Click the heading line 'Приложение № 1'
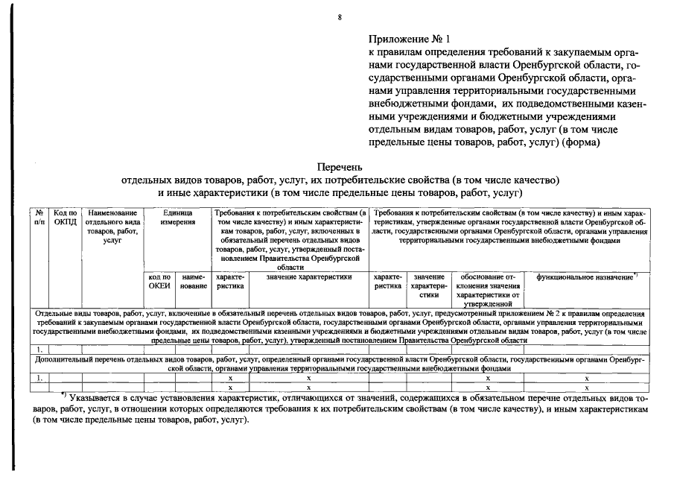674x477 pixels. (x=409, y=38)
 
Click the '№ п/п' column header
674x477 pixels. (x=39, y=218)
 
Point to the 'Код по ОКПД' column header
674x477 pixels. (x=64, y=218)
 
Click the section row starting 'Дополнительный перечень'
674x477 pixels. (x=340, y=364)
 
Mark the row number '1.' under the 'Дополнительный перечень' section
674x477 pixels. (x=39, y=379)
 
